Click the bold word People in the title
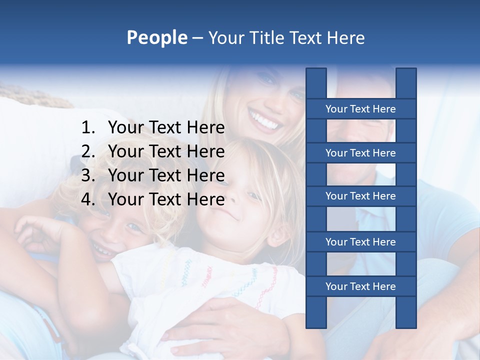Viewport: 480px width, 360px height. pyautogui.click(x=156, y=37)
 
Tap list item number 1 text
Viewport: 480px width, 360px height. pyautogui.click(x=166, y=128)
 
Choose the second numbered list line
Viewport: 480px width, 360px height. pyautogui.click(x=166, y=151)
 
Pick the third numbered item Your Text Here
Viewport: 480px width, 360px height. pyautogui.click(x=166, y=175)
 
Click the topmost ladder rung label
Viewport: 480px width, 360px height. pyautogui.click(x=360, y=109)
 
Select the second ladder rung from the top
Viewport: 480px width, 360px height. pyautogui.click(x=360, y=153)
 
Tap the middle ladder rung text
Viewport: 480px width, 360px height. pyautogui.click(x=360, y=196)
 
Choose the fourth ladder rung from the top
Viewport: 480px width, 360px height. pyautogui.click(x=360, y=242)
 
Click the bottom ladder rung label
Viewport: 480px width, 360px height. pyautogui.click(x=360, y=286)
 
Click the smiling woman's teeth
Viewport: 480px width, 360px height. pyautogui.click(x=264, y=120)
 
